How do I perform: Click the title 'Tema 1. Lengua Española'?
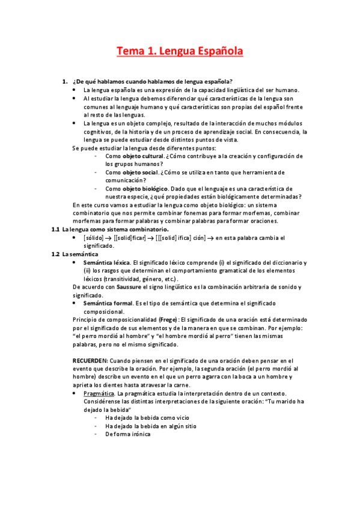click(180, 52)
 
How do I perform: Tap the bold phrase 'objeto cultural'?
click(144, 156)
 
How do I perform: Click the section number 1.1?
click(55, 229)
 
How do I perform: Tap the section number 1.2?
click(55, 254)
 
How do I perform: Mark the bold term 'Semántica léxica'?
click(106, 263)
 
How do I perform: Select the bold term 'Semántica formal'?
click(106, 304)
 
